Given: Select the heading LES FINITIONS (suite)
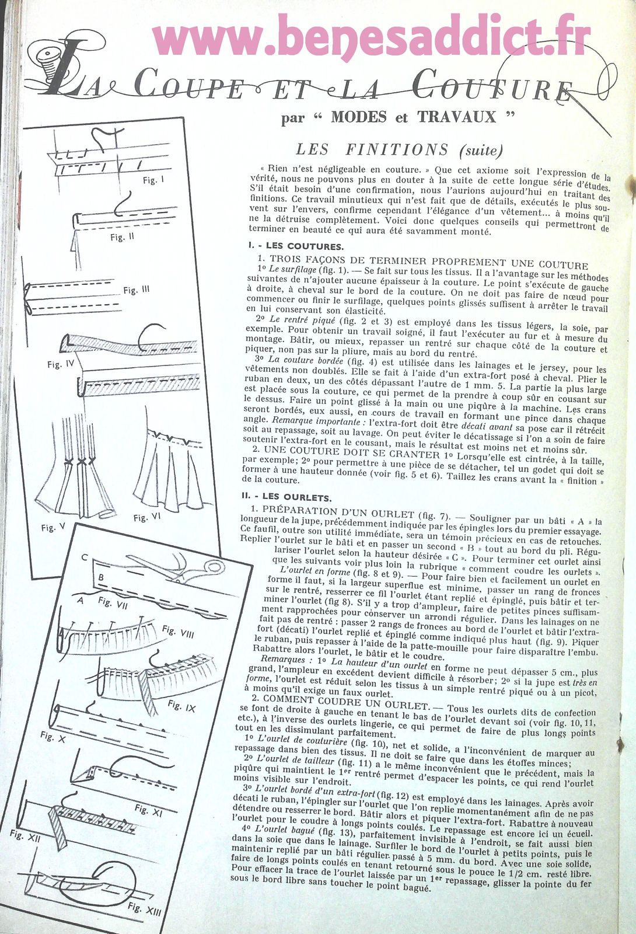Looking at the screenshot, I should pyautogui.click(x=399, y=150).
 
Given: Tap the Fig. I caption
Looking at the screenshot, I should pyautogui.click(x=153, y=180).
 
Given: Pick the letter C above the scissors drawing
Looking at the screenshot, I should pyautogui.click(x=84, y=557).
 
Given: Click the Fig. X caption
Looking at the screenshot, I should pyautogui.click(x=47, y=737).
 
